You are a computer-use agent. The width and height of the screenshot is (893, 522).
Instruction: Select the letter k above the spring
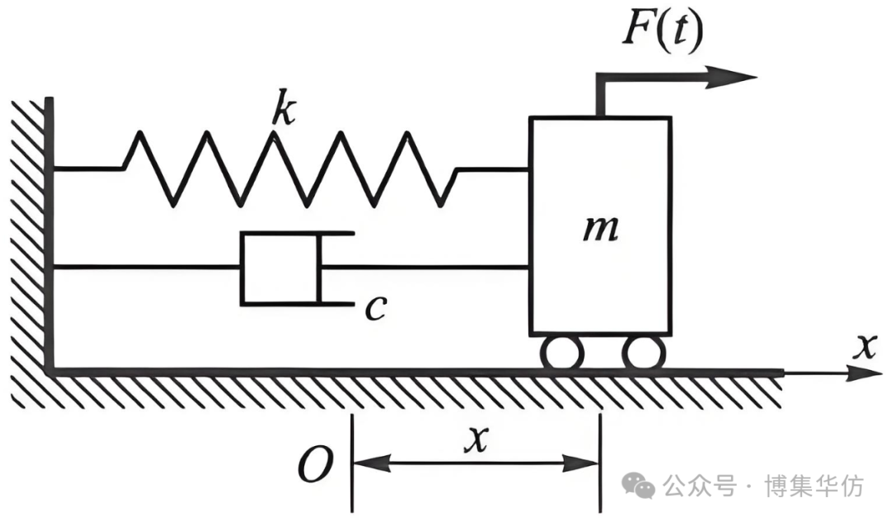tap(284, 106)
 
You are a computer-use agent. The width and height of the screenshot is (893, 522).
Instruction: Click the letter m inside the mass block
tap(601, 230)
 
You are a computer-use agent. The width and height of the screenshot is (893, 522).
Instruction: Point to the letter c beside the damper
tap(376, 308)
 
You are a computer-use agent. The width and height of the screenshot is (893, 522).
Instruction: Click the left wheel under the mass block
tap(561, 354)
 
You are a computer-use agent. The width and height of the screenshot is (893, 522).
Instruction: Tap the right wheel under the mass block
tap(643, 354)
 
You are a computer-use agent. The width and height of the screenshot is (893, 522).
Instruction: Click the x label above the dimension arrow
tap(477, 439)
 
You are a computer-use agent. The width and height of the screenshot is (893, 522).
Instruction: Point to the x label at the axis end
tap(865, 346)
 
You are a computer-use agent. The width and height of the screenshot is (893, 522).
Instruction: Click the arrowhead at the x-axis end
tap(865, 373)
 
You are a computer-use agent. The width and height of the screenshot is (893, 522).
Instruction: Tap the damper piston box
tap(281, 268)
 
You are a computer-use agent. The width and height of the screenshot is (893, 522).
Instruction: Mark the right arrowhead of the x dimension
tap(580, 463)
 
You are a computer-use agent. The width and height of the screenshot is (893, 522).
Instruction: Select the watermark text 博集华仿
tap(814, 486)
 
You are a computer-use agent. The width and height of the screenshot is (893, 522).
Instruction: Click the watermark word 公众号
tap(700, 486)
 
